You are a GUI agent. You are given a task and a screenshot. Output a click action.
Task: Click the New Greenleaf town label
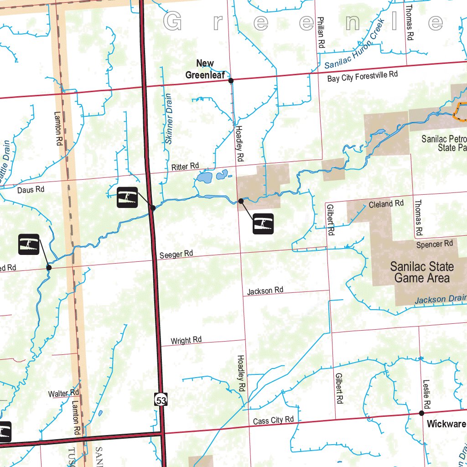(205, 69)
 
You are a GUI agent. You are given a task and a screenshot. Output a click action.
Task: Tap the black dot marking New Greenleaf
(231, 81)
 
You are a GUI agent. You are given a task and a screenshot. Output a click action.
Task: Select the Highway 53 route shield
(160, 400)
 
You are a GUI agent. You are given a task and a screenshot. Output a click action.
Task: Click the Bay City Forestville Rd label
(363, 77)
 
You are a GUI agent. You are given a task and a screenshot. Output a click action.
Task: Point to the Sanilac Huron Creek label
(355, 45)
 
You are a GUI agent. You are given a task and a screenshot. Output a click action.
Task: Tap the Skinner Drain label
(168, 119)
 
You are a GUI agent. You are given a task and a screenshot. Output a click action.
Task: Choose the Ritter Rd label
(186, 167)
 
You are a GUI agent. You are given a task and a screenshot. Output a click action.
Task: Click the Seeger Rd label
(176, 254)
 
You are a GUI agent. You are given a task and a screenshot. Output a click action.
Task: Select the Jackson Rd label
(265, 291)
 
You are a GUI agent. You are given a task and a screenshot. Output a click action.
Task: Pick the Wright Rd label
(186, 340)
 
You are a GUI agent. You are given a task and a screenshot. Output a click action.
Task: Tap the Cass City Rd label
(274, 420)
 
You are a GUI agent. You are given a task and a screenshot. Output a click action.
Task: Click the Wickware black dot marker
(421, 413)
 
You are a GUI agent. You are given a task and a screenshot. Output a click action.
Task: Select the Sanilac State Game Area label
(422, 272)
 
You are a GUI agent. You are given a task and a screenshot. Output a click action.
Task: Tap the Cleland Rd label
(386, 204)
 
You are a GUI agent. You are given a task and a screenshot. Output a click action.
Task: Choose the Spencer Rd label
(434, 244)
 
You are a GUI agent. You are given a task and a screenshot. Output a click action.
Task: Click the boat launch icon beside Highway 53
(127, 197)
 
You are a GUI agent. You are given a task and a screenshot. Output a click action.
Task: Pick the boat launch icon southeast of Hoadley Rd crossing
(263, 223)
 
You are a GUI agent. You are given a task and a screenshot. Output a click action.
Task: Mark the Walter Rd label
(64, 393)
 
